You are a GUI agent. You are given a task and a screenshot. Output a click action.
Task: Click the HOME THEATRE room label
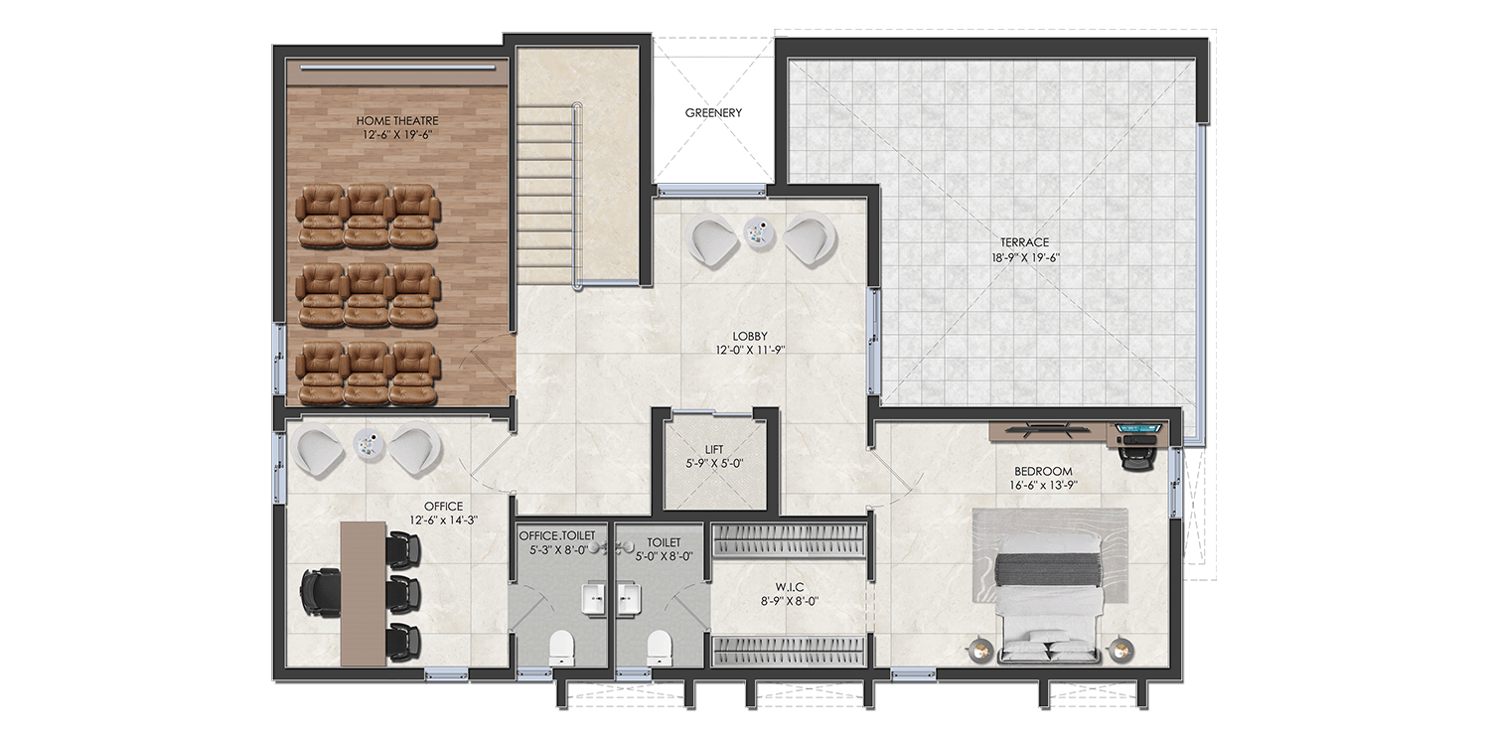(x=397, y=121)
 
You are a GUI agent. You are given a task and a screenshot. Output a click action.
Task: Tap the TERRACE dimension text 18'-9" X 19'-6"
(x=1025, y=257)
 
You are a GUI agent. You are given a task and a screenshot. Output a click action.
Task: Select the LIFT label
(x=714, y=449)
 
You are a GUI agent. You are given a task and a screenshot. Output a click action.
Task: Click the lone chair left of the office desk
(x=319, y=593)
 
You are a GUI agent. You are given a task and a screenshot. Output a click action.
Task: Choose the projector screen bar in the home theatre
(x=397, y=68)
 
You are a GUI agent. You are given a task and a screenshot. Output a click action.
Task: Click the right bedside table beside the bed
(x=1122, y=650)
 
